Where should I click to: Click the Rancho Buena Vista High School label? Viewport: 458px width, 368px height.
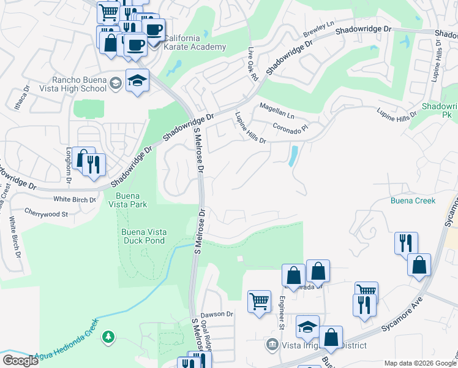[80, 84]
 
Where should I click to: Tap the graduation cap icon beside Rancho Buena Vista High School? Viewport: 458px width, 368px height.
[138, 80]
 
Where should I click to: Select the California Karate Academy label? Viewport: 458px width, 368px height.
[186, 42]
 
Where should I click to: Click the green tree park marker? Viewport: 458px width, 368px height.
[108, 337]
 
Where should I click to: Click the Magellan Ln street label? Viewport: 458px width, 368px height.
[277, 110]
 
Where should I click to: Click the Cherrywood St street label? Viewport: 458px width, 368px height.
[46, 214]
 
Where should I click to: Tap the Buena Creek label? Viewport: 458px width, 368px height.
[413, 201]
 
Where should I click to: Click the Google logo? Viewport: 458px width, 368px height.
[20, 360]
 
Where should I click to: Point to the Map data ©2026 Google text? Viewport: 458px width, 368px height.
[419, 363]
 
